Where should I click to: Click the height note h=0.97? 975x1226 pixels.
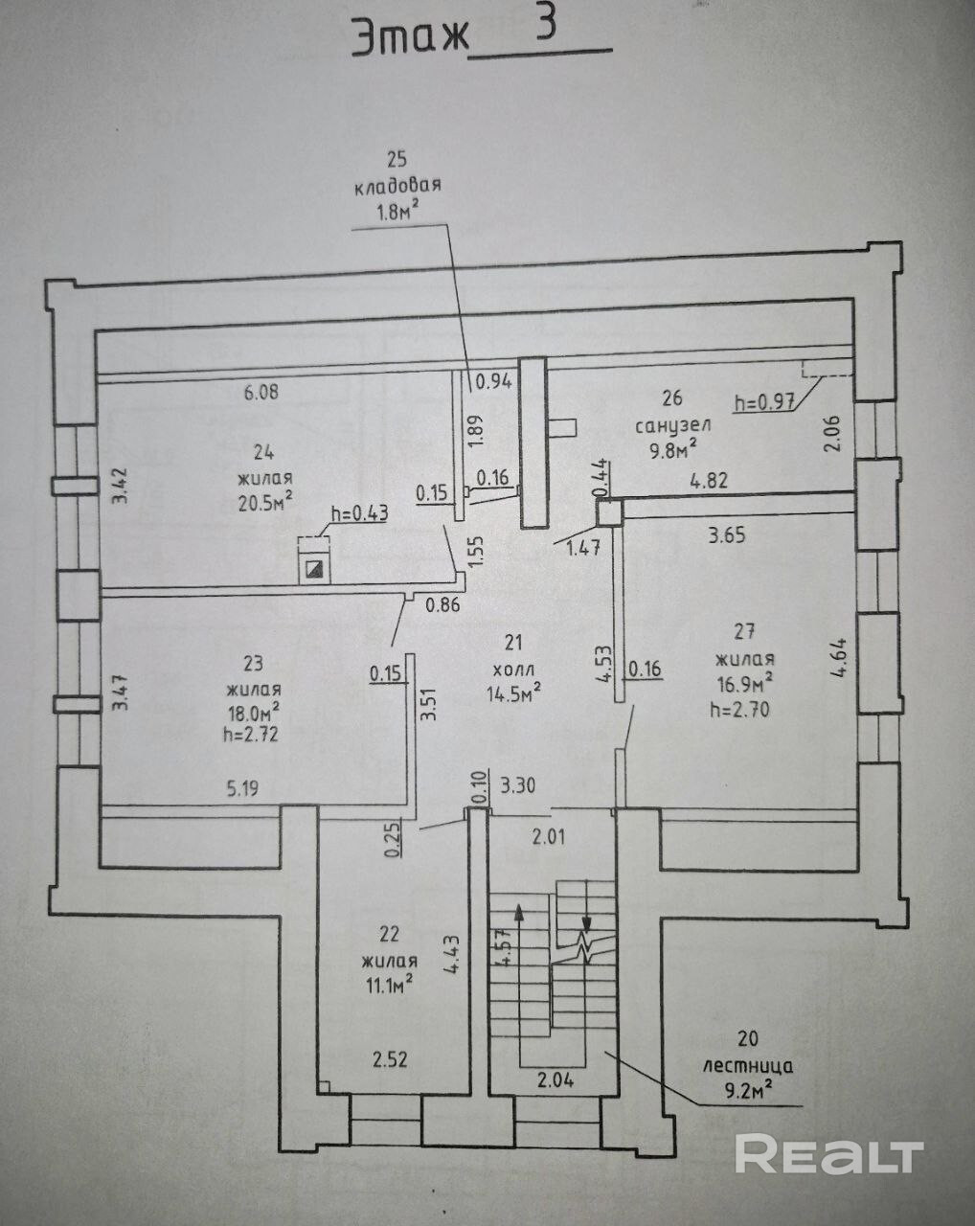(763, 402)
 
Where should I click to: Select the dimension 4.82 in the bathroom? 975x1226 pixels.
(710, 482)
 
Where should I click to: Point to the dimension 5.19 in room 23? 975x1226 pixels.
(241, 790)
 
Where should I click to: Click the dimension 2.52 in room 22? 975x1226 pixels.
(391, 1059)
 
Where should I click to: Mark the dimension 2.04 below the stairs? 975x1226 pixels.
(556, 1080)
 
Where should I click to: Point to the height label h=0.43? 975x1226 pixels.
(359, 512)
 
